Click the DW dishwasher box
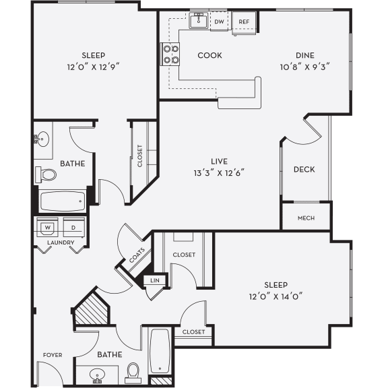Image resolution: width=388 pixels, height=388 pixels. click(x=219, y=22)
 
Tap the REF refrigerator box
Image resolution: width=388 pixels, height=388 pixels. click(x=244, y=22)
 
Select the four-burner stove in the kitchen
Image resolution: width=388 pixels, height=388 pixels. click(x=170, y=55)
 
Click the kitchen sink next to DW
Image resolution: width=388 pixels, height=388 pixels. click(x=198, y=22)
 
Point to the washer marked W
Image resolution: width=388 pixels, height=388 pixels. click(x=48, y=227)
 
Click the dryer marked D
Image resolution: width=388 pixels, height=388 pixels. click(x=73, y=227)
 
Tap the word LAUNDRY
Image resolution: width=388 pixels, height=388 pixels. click(x=61, y=242)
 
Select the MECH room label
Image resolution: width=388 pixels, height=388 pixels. click(x=306, y=218)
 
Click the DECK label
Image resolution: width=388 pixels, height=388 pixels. click(x=304, y=169)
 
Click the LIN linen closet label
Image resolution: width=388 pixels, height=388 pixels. click(x=154, y=278)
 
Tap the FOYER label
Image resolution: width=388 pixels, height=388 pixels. click(x=53, y=354)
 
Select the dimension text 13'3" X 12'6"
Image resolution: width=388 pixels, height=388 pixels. click(x=217, y=172)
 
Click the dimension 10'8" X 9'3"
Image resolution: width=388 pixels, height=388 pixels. click(x=304, y=66)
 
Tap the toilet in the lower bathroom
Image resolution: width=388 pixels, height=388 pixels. click(x=133, y=370)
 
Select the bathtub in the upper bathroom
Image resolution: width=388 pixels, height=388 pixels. click(x=63, y=200)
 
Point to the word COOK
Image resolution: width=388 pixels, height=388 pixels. click(x=209, y=55)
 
